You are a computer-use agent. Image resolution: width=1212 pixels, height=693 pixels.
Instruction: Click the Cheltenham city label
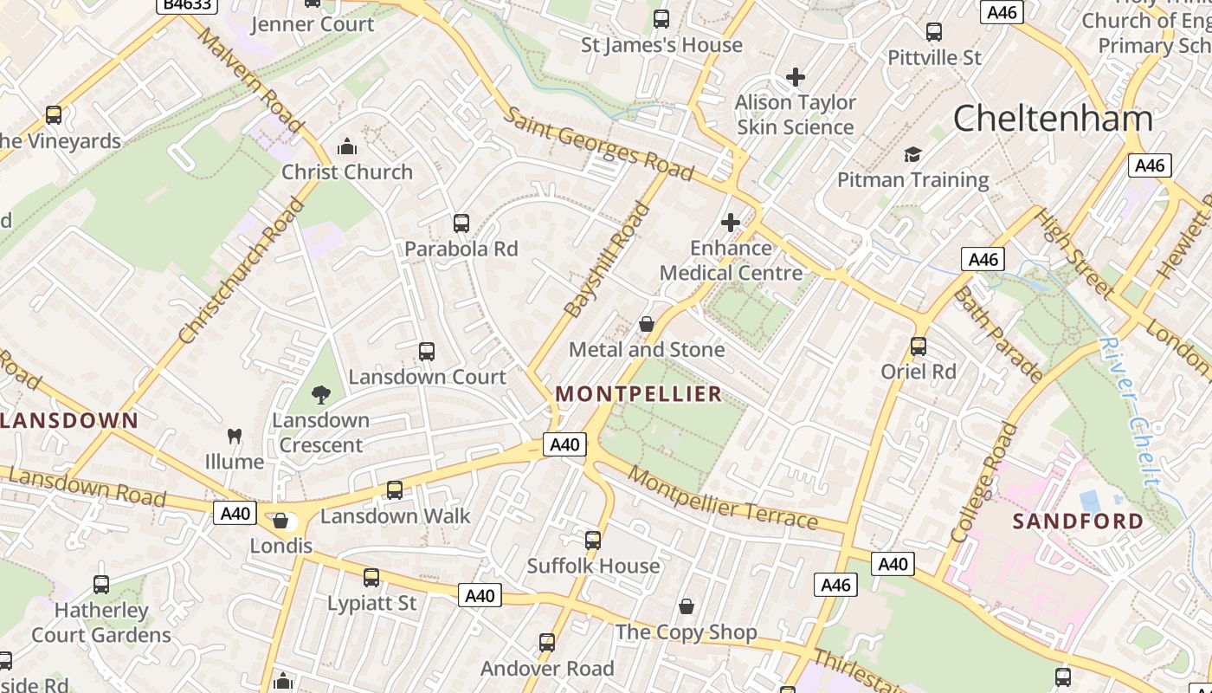click(x=1053, y=119)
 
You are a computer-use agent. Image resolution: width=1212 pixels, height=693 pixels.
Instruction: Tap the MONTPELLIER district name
click(x=638, y=394)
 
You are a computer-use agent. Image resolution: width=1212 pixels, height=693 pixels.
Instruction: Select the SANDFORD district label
click(x=1078, y=521)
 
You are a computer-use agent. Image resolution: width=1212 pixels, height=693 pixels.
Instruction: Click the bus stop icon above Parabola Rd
click(x=461, y=223)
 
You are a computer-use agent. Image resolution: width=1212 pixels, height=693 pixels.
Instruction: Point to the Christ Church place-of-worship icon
click(x=346, y=146)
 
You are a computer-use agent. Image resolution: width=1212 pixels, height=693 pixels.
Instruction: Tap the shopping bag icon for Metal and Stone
click(x=646, y=324)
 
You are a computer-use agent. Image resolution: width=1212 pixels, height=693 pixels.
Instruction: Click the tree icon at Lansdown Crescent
click(x=321, y=395)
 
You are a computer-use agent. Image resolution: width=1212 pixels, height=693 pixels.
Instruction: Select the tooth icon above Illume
click(x=234, y=436)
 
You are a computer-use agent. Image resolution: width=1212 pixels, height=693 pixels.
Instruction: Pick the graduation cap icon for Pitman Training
click(x=912, y=155)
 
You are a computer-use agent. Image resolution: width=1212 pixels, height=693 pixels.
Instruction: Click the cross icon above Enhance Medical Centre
click(x=730, y=223)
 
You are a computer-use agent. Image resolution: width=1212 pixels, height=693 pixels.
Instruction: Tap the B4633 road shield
click(x=185, y=4)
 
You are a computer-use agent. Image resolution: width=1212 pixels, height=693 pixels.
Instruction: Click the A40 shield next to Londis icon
click(x=235, y=514)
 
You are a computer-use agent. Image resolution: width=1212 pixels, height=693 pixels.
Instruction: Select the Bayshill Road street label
click(x=606, y=260)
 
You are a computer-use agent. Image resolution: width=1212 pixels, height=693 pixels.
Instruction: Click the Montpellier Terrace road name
click(x=723, y=498)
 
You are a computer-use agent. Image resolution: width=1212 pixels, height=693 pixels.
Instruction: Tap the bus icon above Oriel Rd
click(x=919, y=346)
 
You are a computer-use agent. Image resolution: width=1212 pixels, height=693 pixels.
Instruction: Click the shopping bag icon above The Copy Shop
click(x=687, y=606)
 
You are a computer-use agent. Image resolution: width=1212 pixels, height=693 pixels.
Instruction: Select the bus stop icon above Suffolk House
click(x=593, y=541)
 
